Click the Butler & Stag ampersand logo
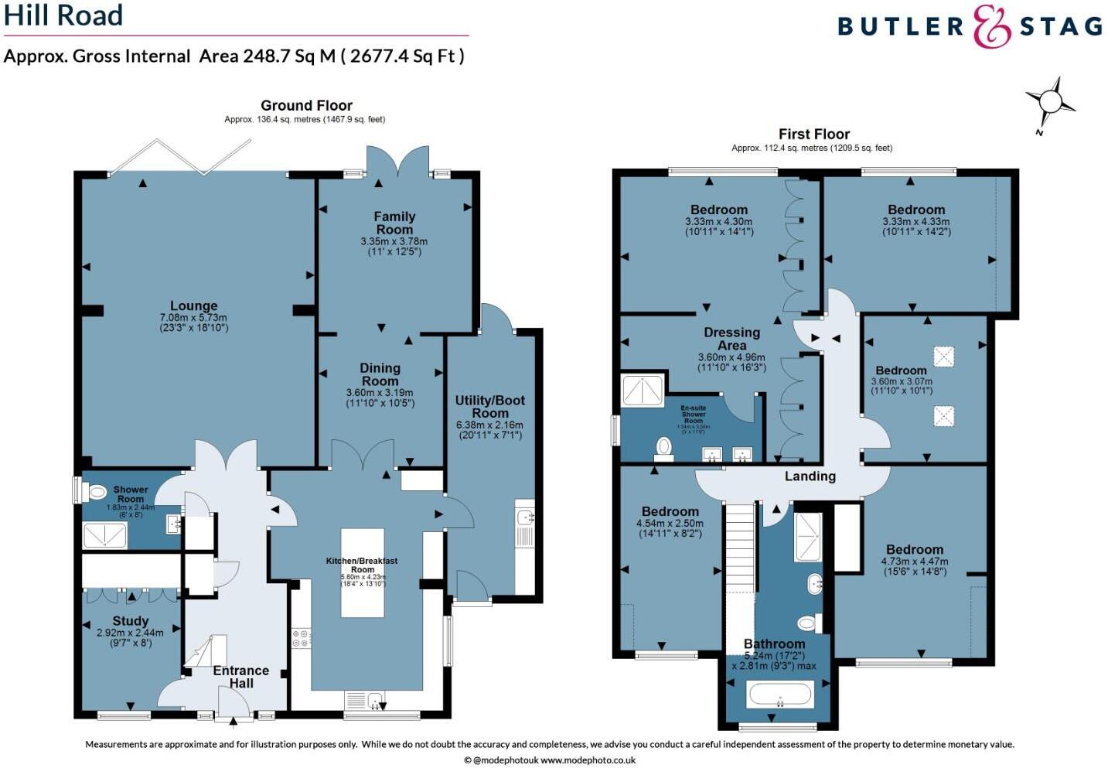click(992, 26)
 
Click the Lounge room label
click(193, 306)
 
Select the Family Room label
click(394, 223)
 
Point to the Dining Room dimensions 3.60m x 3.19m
click(380, 393)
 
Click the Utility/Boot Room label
click(489, 406)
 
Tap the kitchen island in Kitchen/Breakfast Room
click(363, 572)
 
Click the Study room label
click(130, 621)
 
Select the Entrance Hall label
click(240, 677)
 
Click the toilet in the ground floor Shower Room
click(96, 491)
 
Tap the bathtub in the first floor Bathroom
click(779, 695)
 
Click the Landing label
click(810, 476)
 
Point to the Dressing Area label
click(731, 339)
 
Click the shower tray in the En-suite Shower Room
click(643, 391)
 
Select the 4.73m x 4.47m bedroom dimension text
click(915, 561)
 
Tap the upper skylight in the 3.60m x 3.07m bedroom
click(943, 357)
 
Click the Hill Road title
click(63, 15)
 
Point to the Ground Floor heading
click(306, 105)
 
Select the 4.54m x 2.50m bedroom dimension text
click(670, 523)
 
